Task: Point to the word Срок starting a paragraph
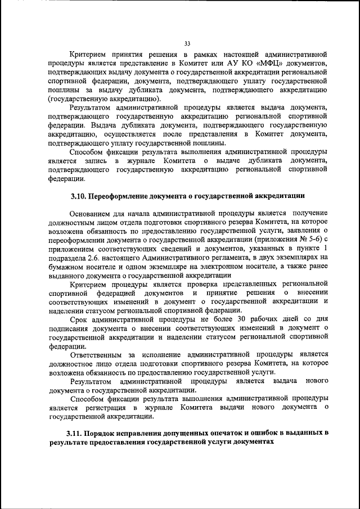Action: pyautogui.click(x=78, y=318)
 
